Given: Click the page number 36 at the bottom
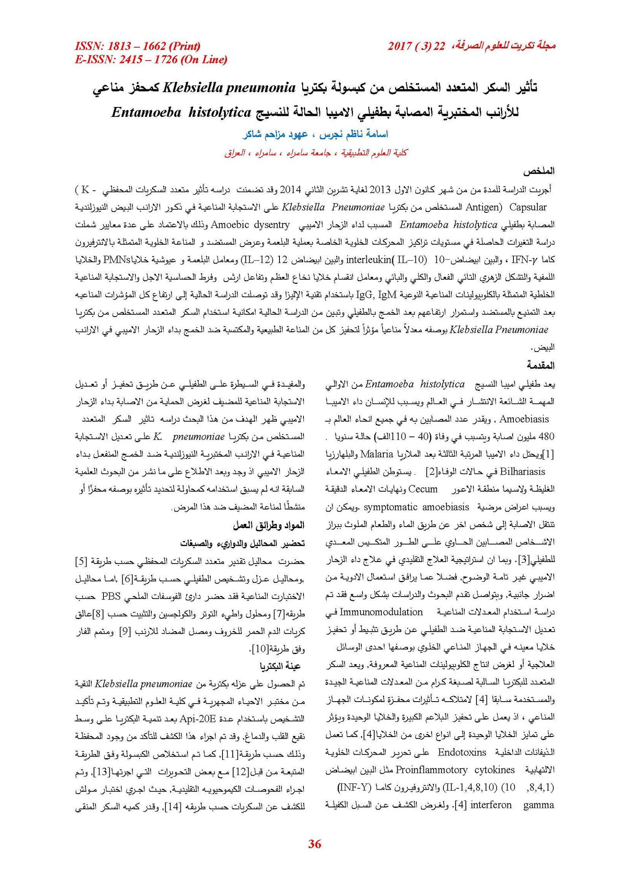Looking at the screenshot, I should point(314,844).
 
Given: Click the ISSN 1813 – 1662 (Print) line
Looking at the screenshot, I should point(138,46).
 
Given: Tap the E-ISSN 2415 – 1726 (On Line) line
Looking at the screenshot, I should point(151,60).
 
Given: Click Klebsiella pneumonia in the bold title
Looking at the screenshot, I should point(229,88).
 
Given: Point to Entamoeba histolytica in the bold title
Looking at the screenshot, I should point(181,113).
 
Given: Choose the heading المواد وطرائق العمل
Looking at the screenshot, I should point(269,525).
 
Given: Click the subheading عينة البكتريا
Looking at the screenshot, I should point(280,666).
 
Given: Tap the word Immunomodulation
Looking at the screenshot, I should point(381,612).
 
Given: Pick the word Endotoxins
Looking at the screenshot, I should point(462,752).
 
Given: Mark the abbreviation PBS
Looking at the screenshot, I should point(111,596).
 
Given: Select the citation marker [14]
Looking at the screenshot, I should point(172,807).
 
